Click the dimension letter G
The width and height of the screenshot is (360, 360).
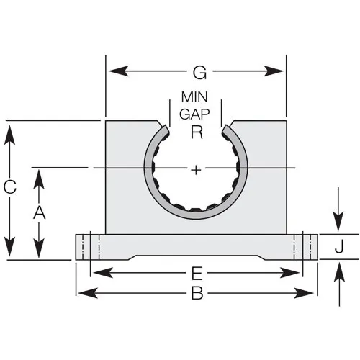(199, 73)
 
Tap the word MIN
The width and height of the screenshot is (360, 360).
(194, 97)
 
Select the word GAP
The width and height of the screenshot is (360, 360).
(194, 114)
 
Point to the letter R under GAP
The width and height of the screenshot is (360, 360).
(197, 132)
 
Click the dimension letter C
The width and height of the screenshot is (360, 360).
(10, 187)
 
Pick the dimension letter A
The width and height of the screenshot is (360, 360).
(40, 212)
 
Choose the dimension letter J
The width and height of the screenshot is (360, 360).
(339, 247)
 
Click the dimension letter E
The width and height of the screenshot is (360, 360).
(197, 274)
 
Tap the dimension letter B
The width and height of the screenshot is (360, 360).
(197, 293)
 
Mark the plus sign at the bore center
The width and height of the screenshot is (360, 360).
(197, 170)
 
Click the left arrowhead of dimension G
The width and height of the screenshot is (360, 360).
(118, 71)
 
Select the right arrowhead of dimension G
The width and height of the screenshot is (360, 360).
(274, 71)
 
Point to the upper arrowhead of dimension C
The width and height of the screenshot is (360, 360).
(9, 135)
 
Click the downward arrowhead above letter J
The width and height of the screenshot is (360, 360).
(338, 221)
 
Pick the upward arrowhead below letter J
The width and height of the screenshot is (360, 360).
(339, 272)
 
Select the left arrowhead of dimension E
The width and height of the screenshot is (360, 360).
(103, 273)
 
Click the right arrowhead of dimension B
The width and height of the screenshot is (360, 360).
(304, 293)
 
